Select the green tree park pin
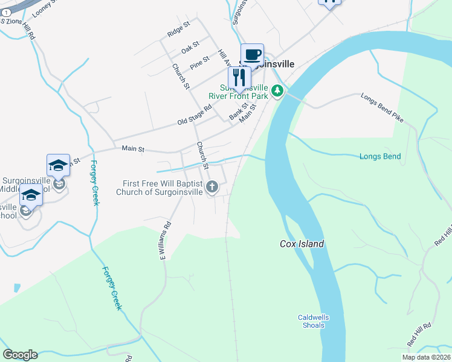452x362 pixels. (x=277, y=91)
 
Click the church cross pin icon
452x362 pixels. (x=212, y=188)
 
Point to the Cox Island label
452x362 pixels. (x=302, y=244)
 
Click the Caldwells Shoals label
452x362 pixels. (x=313, y=321)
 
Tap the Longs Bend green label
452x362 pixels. (x=379, y=157)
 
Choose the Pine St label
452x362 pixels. (x=199, y=62)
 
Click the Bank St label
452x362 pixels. (x=238, y=111)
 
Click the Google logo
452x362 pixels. (x=20, y=355)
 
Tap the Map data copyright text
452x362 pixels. (x=427, y=357)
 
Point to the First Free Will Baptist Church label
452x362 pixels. (x=163, y=188)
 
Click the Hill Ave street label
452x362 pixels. (x=225, y=58)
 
